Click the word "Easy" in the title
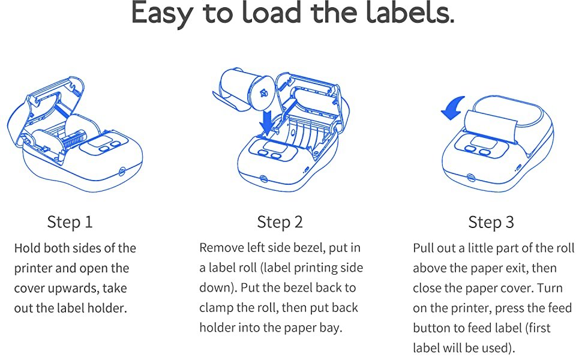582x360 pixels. pyautogui.click(x=162, y=13)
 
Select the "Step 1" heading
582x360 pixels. pyautogui.click(x=70, y=222)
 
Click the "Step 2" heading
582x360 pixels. pyautogui.click(x=280, y=222)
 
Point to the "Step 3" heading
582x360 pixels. pyautogui.click(x=491, y=222)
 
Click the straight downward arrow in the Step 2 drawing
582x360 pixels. pyautogui.click(x=266, y=122)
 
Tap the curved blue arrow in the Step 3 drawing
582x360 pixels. pyautogui.click(x=454, y=107)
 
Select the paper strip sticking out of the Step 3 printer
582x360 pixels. pyautogui.click(x=490, y=126)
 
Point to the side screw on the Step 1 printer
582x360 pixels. pyautogui.click(x=122, y=171)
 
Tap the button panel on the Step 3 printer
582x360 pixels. pyautogui.click(x=481, y=146)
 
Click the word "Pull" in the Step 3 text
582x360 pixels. pyautogui.click(x=422, y=248)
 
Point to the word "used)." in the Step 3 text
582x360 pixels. pyautogui.click(x=499, y=348)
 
